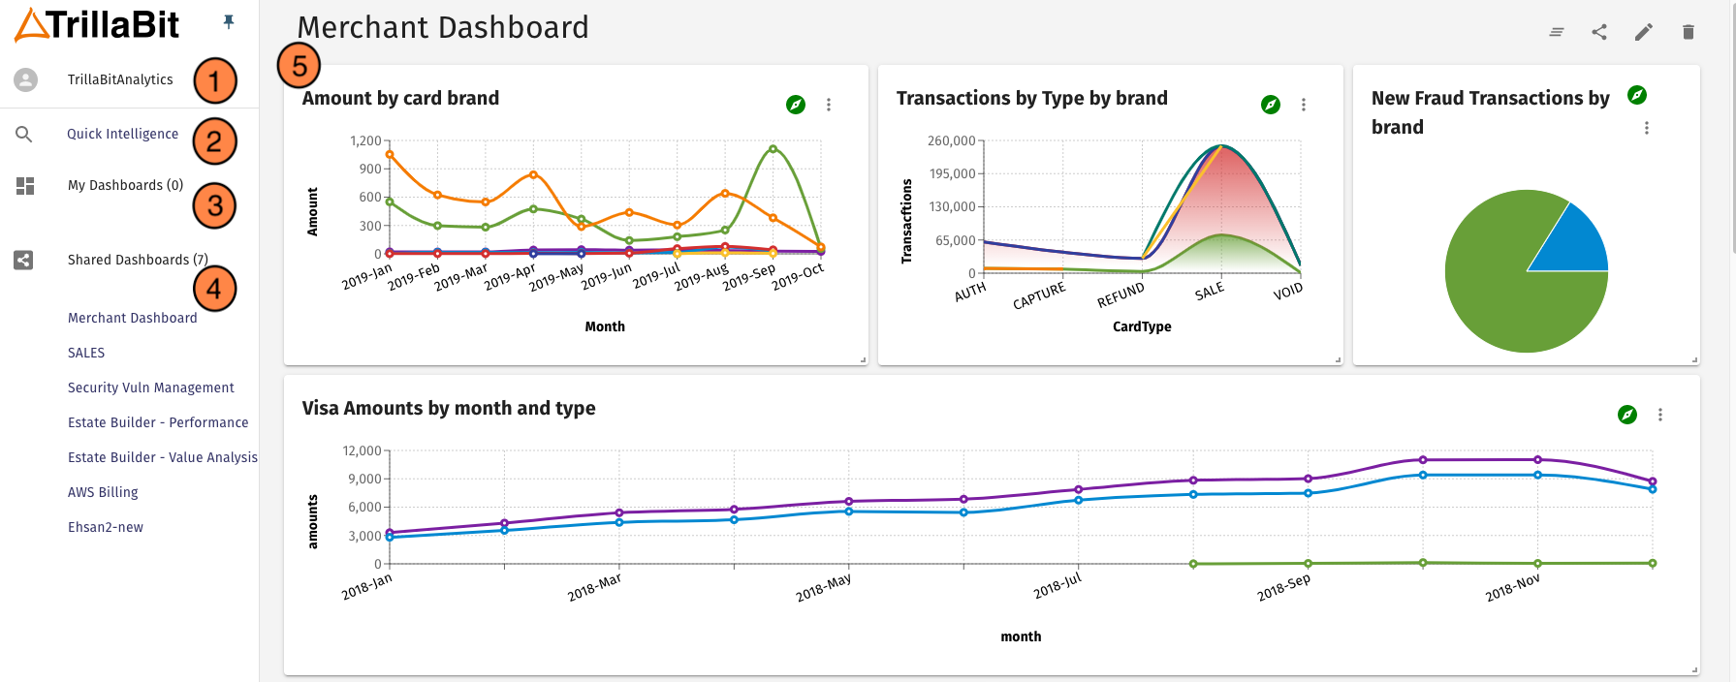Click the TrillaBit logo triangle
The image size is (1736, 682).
tap(31, 25)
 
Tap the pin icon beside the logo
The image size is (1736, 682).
tap(229, 21)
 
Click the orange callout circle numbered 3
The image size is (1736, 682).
tap(214, 205)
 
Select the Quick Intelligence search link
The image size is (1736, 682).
tap(122, 134)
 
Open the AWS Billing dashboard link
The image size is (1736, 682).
tap(103, 492)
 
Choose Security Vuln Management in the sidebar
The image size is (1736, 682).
tap(150, 387)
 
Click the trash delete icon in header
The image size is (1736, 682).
tap(1688, 32)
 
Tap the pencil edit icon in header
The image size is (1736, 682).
tap(1643, 32)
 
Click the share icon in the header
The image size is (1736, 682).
tap(1599, 32)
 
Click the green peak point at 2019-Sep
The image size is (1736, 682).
tap(773, 148)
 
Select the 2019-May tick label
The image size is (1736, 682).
tap(557, 277)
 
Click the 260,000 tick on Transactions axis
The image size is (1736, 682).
tap(951, 140)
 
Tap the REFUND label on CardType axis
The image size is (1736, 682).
tap(1121, 294)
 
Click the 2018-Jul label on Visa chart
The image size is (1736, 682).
tap(1057, 585)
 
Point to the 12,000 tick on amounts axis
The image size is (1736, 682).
tap(362, 450)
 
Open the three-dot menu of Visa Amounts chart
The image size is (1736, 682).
tap(1660, 415)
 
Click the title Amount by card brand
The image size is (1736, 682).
tap(400, 98)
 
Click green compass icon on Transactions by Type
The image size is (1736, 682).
tap(1271, 105)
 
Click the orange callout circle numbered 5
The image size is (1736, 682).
tap(299, 66)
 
